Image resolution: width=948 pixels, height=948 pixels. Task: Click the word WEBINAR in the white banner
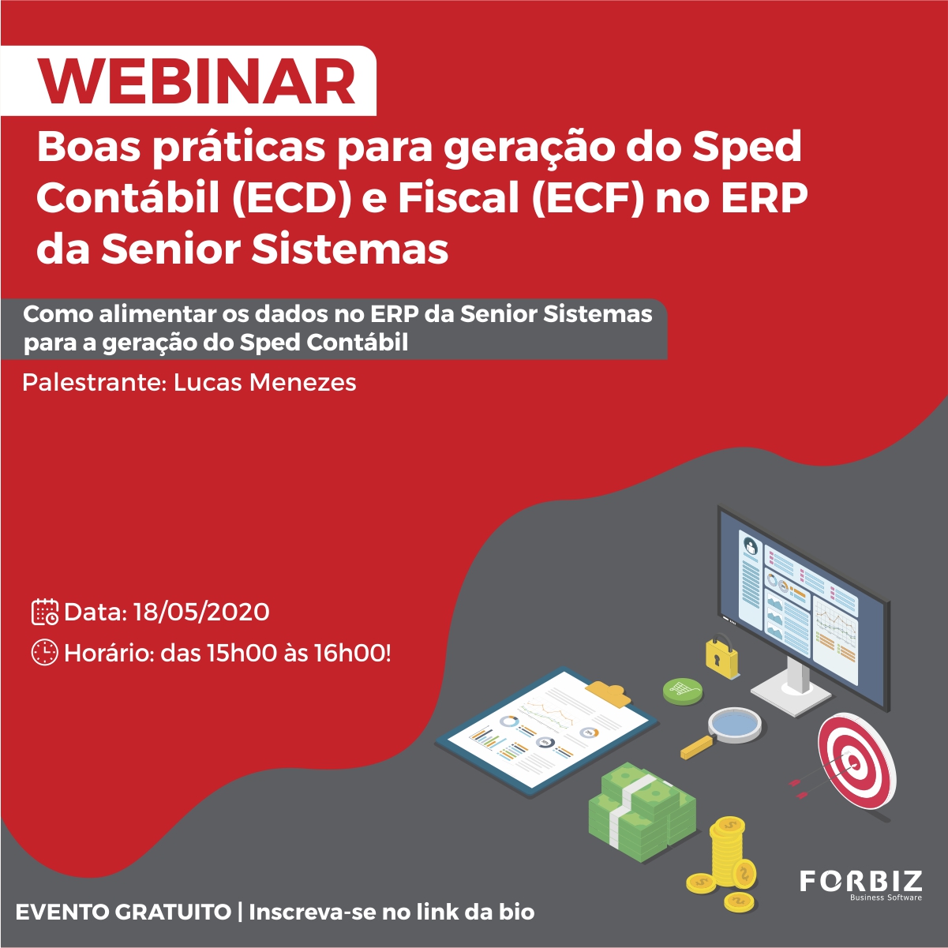coord(197,81)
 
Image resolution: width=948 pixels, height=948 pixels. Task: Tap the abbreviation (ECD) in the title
coord(292,199)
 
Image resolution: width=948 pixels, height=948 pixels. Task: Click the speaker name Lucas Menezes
coord(264,383)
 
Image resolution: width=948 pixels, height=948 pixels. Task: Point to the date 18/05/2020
coord(201,613)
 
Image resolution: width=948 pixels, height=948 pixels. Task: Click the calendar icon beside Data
coord(45,612)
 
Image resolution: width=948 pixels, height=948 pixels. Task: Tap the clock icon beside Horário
coord(45,653)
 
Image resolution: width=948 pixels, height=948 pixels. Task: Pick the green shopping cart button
coord(682,690)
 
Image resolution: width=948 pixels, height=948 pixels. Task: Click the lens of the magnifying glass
coord(735,723)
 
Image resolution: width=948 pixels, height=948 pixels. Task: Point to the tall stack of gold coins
coord(727,849)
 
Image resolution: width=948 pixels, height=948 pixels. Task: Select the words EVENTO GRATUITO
coord(123,912)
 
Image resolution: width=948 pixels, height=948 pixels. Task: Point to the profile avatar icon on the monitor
coord(751,546)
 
